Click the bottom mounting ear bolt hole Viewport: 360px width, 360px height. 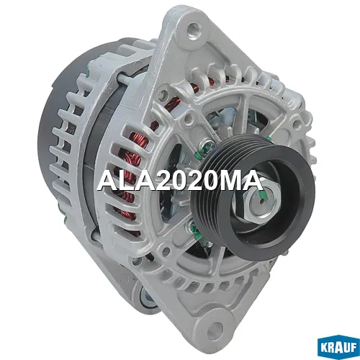click(217, 327)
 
